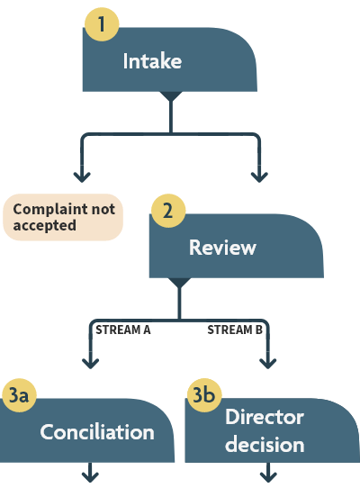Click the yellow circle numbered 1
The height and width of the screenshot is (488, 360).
[103, 24]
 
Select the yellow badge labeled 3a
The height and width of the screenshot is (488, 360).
[19, 394]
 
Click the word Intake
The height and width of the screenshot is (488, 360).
[152, 62]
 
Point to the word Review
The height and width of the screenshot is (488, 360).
[222, 248]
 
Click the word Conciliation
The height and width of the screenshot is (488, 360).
[97, 432]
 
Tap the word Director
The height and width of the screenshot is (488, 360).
[265, 418]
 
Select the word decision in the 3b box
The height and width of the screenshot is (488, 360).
[265, 445]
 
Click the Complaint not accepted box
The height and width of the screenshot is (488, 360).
[63, 217]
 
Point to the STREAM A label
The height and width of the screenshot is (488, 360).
[122, 330]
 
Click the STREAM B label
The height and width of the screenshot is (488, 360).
[235, 330]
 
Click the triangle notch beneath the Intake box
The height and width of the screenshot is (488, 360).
[170, 96]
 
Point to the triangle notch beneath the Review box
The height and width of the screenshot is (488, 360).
[179, 282]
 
